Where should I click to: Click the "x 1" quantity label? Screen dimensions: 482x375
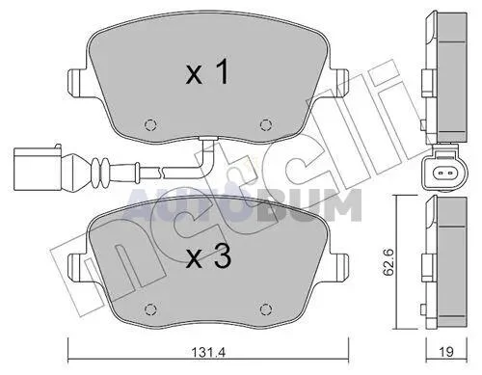pos(207,73)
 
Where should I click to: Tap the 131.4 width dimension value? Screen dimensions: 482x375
pos(209,353)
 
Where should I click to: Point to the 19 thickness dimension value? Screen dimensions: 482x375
pos(446,352)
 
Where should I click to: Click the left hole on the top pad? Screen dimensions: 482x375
pos(150,124)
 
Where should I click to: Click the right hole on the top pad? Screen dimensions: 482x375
pos(265,124)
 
